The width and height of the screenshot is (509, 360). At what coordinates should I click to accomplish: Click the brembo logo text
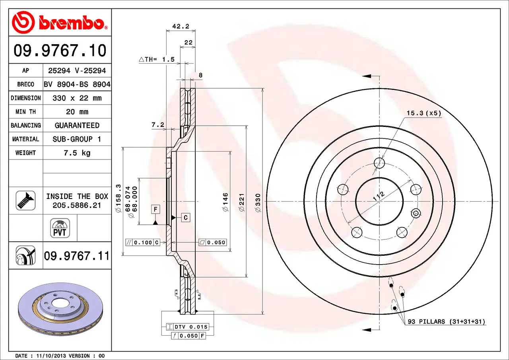pos(71,23)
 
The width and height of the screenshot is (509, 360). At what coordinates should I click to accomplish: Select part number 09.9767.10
pos(60,51)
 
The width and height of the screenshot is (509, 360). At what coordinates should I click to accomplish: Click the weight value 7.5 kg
pos(77,153)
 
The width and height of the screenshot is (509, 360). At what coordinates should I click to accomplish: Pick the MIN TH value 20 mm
pos(77,112)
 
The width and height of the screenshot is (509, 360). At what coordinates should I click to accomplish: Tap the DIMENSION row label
pos(26,98)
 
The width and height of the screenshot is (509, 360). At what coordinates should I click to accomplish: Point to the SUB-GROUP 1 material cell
pos(77,139)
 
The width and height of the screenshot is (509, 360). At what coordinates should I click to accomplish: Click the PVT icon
pos(60,228)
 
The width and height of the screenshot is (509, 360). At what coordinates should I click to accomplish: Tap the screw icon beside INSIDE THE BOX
pos(25,200)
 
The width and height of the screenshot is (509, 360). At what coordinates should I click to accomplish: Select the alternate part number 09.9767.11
pos(77,256)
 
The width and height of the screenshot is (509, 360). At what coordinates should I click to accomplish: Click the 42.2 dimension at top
pos(181,26)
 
